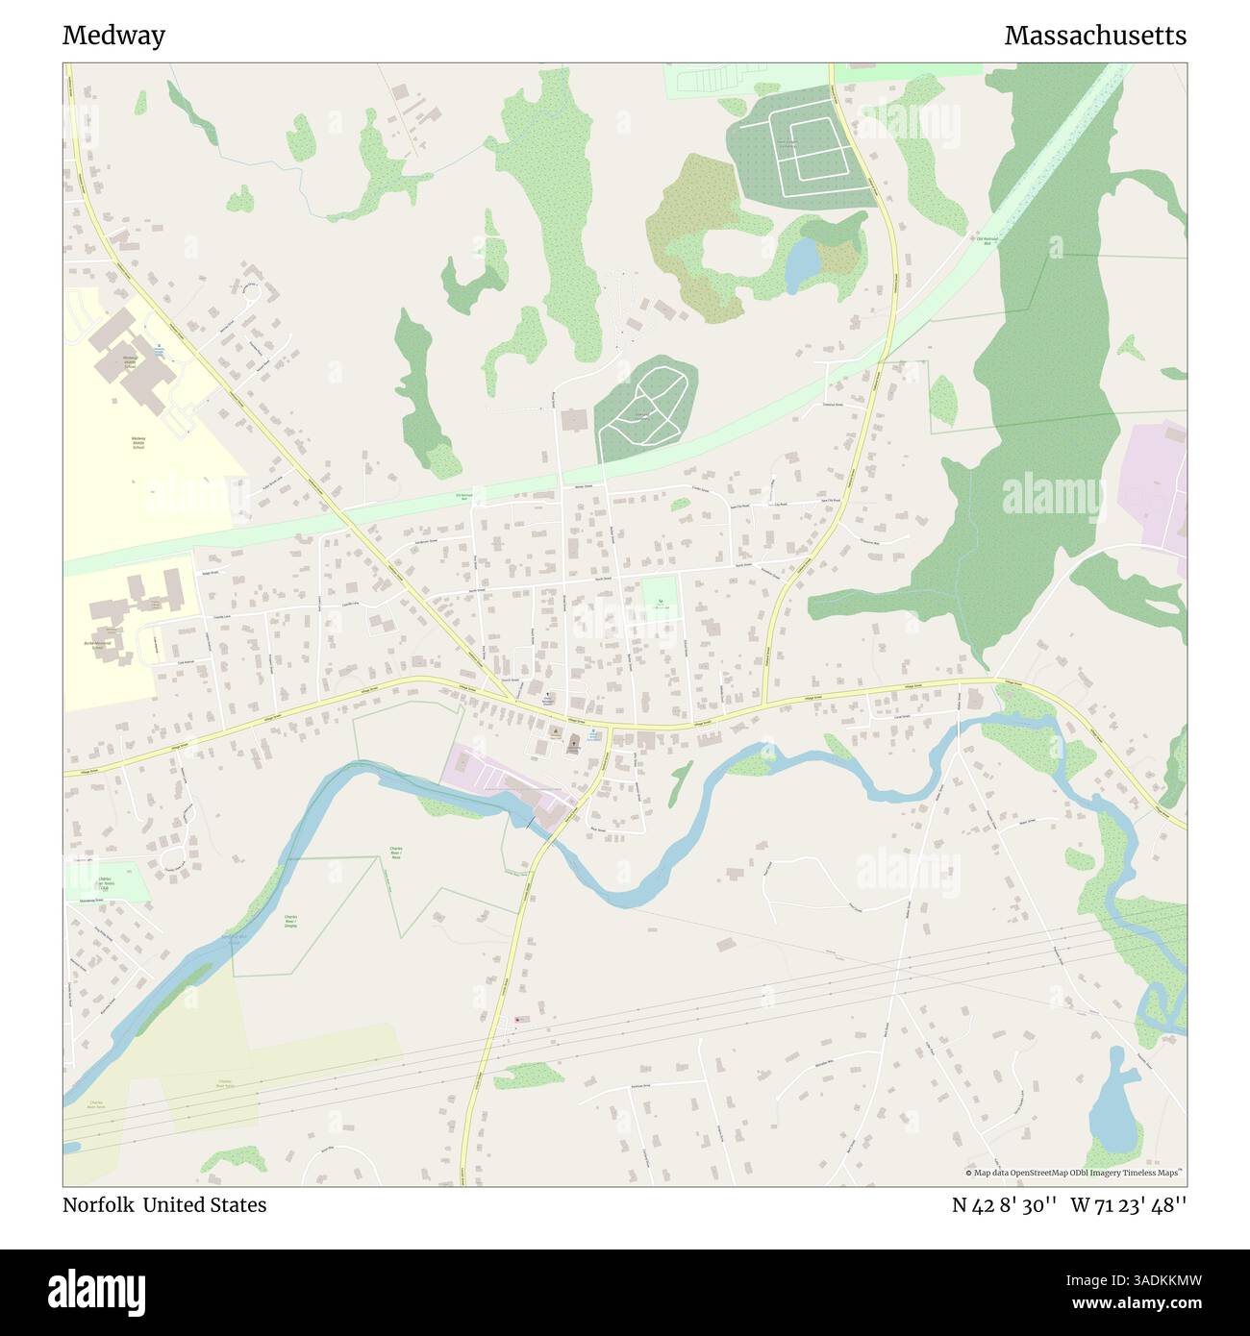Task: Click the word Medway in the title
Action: click(113, 36)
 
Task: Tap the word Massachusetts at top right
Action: click(1094, 36)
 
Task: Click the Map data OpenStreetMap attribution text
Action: click(1072, 1173)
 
